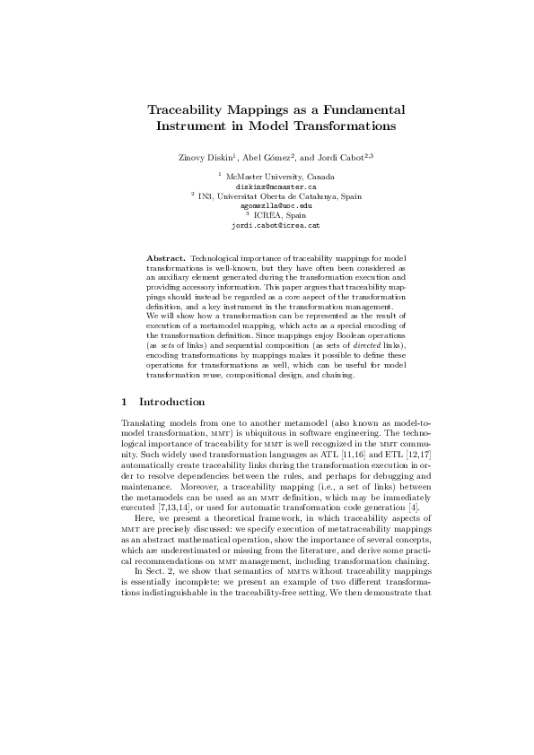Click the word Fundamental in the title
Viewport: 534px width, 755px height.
point(354,108)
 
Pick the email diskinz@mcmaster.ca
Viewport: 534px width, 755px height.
point(267,187)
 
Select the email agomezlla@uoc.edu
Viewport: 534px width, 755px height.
point(267,206)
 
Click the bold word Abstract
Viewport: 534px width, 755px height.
point(166,258)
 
